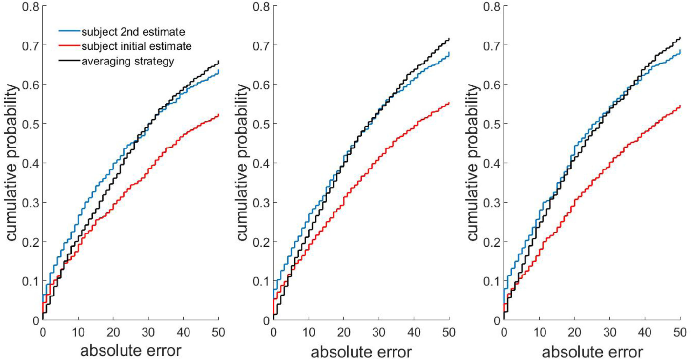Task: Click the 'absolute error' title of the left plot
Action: click(x=130, y=351)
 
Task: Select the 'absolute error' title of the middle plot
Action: click(x=361, y=351)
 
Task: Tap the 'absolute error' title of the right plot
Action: click(x=592, y=351)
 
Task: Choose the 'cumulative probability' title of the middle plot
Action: click(x=244, y=162)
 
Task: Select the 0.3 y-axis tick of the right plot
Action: click(x=492, y=202)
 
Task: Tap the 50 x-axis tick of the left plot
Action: click(x=218, y=331)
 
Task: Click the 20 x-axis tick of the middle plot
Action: click(x=343, y=331)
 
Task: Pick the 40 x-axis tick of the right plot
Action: click(x=645, y=331)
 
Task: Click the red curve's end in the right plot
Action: click(x=680, y=106)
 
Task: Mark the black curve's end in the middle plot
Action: click(x=449, y=39)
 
